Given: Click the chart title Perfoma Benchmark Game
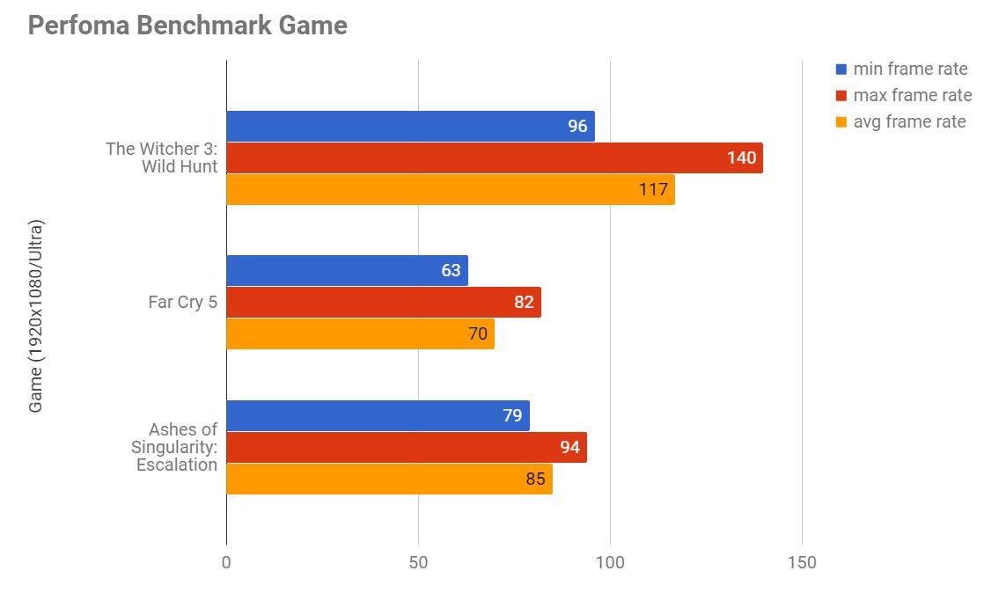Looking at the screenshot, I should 187,26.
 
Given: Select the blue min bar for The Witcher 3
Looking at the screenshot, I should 410,126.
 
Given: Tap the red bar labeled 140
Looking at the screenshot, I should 494,157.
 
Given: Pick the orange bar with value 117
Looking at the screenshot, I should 450,189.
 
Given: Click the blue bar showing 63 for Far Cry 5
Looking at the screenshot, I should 347,270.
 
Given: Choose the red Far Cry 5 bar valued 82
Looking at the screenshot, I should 383,302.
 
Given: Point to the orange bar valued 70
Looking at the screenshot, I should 360,333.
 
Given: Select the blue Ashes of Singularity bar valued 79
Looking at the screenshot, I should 378,415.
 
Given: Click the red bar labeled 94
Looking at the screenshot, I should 406,447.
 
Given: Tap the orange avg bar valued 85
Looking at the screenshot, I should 389,479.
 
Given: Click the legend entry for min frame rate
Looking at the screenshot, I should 900,69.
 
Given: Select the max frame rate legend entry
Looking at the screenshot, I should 903,95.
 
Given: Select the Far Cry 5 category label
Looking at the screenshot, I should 183,302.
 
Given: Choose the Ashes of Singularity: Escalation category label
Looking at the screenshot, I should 176,447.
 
